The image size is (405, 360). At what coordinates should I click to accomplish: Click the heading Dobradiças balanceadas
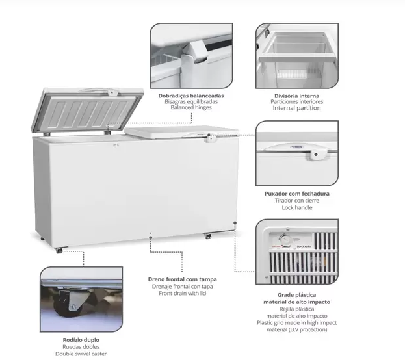(191, 96)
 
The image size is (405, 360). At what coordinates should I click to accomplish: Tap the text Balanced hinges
(191, 107)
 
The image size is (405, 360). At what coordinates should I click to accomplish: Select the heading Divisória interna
(297, 96)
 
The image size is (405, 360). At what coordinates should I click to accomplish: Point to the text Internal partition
(297, 108)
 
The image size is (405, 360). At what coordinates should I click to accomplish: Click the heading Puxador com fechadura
(297, 194)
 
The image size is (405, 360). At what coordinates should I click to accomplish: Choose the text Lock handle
(297, 208)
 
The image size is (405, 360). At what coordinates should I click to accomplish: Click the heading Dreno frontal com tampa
(183, 279)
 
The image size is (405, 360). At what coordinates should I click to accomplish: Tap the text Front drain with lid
(183, 293)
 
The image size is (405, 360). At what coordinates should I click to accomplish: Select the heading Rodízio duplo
(81, 340)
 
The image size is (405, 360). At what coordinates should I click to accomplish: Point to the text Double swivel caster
(81, 354)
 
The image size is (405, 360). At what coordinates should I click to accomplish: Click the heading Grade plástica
(297, 295)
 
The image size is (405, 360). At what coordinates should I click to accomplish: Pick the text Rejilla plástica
(297, 309)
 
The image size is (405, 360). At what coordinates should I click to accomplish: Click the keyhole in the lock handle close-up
(316, 155)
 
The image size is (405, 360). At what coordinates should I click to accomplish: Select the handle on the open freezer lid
(99, 91)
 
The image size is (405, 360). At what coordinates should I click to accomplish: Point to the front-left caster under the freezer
(59, 250)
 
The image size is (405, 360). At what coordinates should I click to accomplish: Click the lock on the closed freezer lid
(211, 139)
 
